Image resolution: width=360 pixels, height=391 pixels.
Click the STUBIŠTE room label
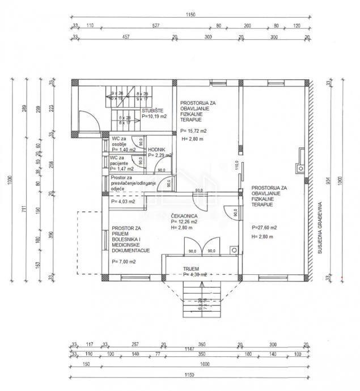click(153, 111)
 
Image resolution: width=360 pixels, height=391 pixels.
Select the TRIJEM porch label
click(190, 268)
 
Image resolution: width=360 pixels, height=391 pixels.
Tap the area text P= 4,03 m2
click(123, 201)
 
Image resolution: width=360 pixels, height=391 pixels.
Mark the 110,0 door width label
click(236, 168)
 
